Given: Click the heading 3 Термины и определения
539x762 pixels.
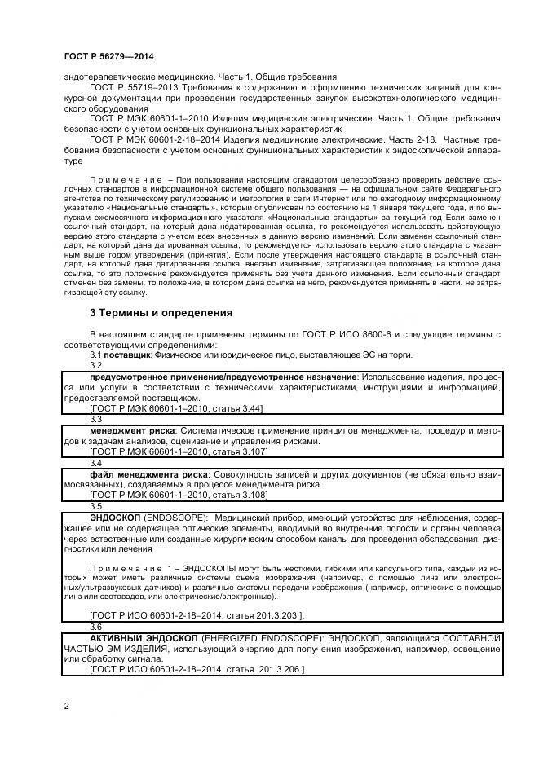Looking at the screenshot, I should click(x=161, y=313).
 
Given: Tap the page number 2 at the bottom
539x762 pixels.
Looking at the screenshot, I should click(x=66, y=706).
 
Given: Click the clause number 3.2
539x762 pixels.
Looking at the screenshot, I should click(x=95, y=366).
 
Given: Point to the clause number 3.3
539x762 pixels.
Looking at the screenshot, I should click(x=95, y=419).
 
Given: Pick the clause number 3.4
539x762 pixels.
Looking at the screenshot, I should click(x=95, y=463).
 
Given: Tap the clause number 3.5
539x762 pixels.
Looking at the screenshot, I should click(x=95, y=506).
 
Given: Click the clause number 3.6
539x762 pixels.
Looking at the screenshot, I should click(x=95, y=627).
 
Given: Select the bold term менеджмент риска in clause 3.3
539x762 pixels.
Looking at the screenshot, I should click(x=130, y=429).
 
